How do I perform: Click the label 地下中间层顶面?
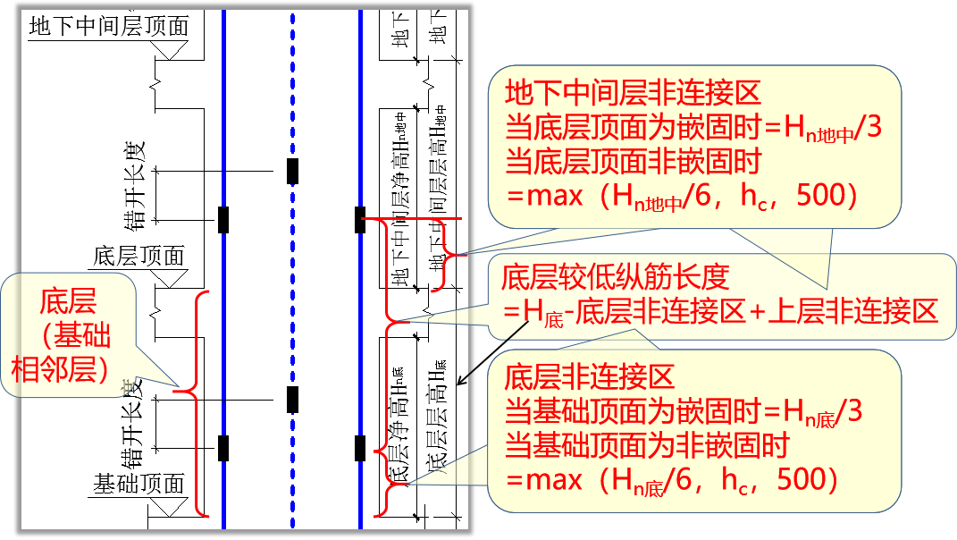click(109, 27)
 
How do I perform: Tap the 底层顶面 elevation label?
click(139, 257)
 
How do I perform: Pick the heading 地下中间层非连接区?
click(633, 93)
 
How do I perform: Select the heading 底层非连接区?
click(590, 376)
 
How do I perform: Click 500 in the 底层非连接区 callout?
click(808, 481)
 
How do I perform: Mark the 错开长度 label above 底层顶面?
click(135, 180)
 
